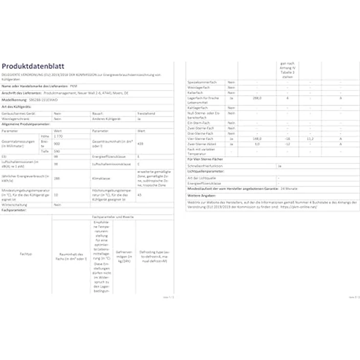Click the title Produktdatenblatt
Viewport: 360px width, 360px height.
(33, 67)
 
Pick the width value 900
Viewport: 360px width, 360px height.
(57, 144)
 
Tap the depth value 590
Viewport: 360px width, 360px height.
(57, 152)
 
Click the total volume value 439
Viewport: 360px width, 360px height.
(140, 144)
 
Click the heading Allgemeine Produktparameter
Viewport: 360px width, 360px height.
(26, 125)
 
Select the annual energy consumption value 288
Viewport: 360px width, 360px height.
(57, 179)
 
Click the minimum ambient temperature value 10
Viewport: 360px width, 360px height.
(56, 195)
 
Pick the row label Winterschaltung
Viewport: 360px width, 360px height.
(14, 205)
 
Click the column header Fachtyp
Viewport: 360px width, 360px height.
(26, 254)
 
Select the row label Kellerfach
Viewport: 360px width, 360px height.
(197, 93)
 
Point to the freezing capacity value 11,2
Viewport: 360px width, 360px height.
(309, 139)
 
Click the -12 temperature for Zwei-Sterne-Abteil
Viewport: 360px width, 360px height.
(289, 144)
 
